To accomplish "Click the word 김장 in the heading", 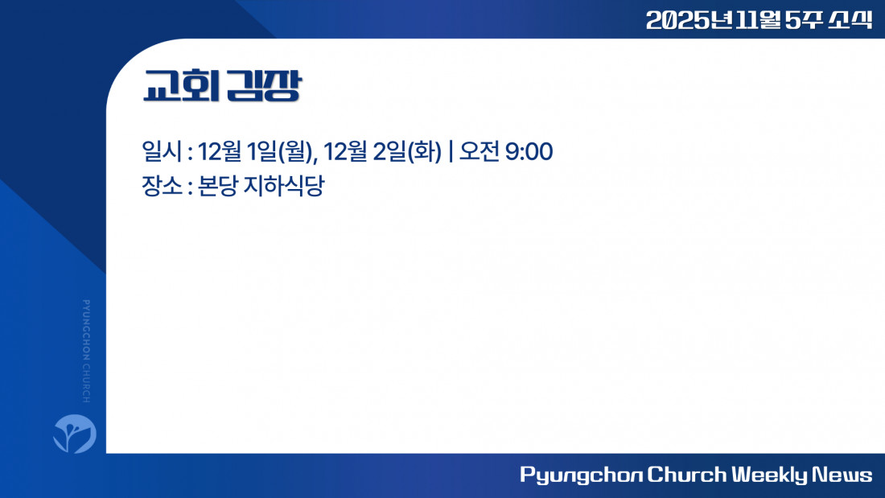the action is click(264, 86).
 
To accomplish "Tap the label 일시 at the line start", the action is click(162, 151).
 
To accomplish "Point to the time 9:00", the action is click(529, 151).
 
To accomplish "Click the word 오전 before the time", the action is click(480, 151).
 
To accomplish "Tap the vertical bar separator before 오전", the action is click(451, 151).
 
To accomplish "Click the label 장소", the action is click(162, 186).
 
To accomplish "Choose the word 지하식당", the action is click(284, 186).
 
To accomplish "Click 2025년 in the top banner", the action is click(689, 20).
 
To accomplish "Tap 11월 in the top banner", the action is click(758, 20).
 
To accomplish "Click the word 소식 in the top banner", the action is click(850, 20).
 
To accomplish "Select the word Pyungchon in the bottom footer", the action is click(582, 475).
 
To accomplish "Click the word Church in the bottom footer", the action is click(687, 475).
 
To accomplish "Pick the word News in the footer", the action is click(842, 475).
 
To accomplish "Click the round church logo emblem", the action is click(75, 434).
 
